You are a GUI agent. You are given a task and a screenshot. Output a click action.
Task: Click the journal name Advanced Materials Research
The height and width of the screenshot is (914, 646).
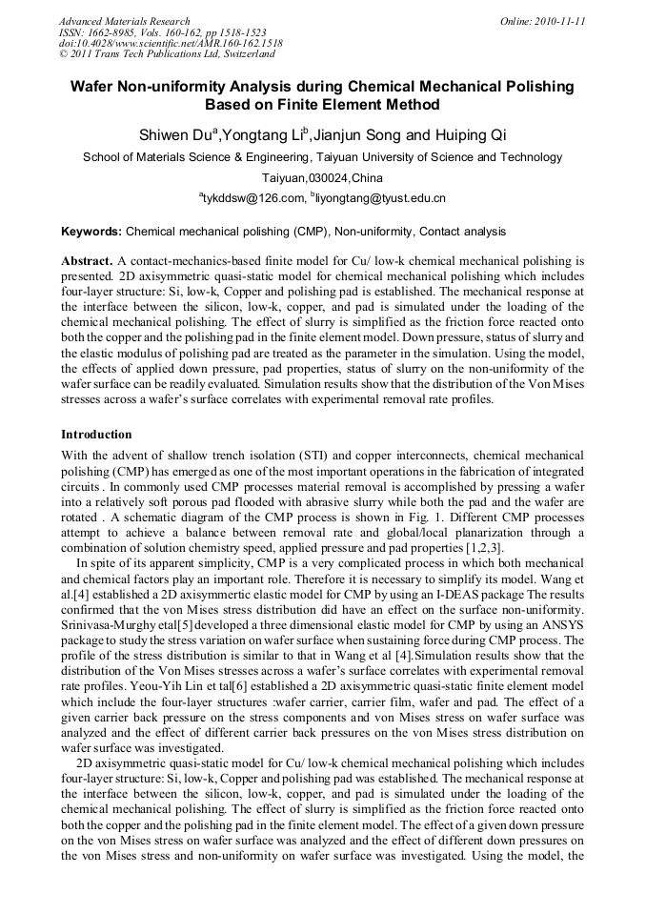(x=124, y=21)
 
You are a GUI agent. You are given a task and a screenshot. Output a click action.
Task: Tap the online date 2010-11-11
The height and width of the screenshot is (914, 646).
(x=559, y=21)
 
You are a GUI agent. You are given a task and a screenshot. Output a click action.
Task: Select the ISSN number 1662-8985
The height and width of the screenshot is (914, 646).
(x=113, y=32)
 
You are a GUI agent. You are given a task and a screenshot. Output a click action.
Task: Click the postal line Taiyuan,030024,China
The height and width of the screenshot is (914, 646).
(x=322, y=178)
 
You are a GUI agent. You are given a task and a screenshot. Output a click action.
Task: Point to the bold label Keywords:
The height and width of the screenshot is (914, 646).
(x=91, y=232)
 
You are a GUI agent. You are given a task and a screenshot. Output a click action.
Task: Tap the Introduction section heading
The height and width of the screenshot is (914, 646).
(x=96, y=434)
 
